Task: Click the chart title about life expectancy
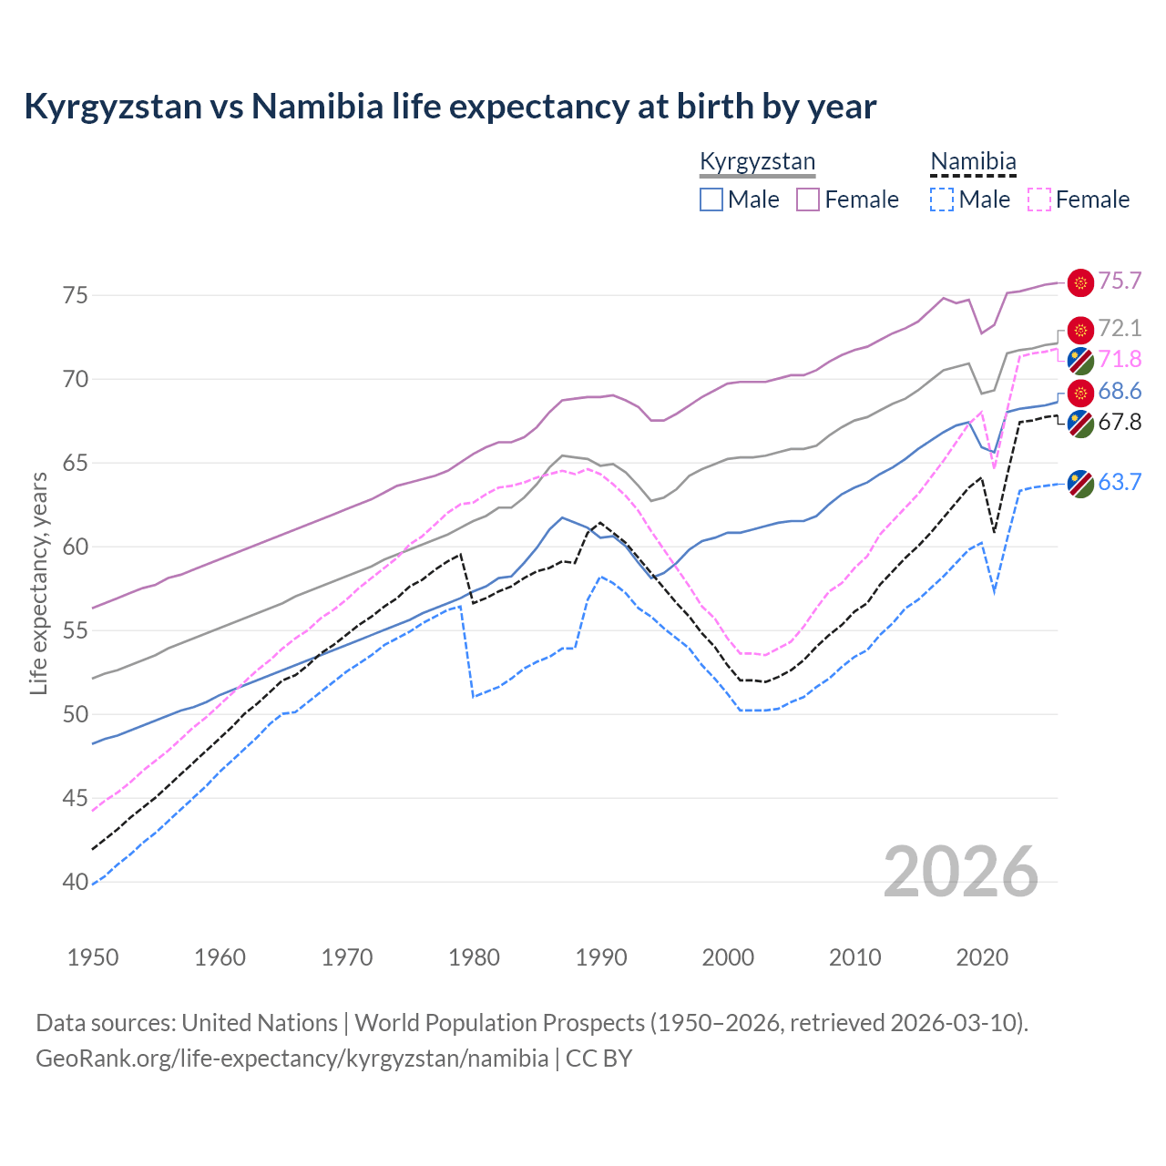pos(450,107)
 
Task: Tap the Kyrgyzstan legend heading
pos(757,162)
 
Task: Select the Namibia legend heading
pos(973,162)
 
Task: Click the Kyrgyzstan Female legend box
pos(808,199)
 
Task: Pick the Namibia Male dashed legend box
pos(942,199)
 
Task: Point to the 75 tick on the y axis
pos(75,295)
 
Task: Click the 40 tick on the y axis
pos(75,882)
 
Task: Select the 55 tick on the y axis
pos(75,630)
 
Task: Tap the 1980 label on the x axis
pos(475,957)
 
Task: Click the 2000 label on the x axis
pos(728,957)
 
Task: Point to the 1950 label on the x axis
pos(93,957)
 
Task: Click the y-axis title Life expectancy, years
pos(38,583)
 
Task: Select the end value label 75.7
pos(1120,281)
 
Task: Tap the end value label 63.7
pos(1120,483)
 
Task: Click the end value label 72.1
pos(1120,329)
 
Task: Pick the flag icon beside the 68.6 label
pos(1080,393)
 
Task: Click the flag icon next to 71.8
pos(1080,361)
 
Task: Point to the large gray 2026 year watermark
pos(961,873)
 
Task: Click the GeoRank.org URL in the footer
pos(291,1059)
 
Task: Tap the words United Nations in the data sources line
pos(260,1023)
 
